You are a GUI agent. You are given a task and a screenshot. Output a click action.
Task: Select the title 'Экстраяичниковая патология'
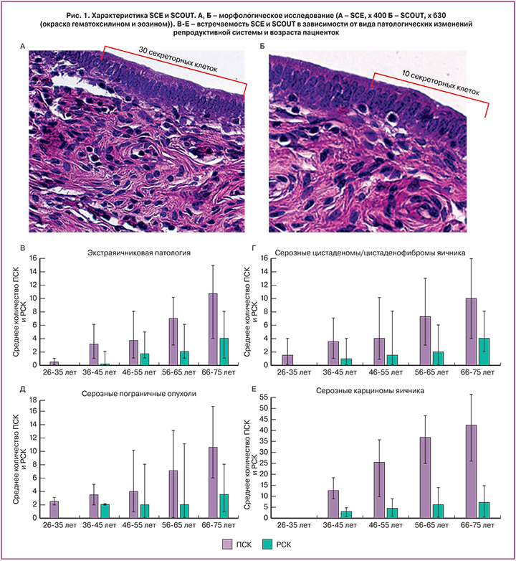[x=138, y=253]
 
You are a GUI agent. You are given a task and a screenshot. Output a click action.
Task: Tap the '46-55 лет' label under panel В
[x=133, y=373]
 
